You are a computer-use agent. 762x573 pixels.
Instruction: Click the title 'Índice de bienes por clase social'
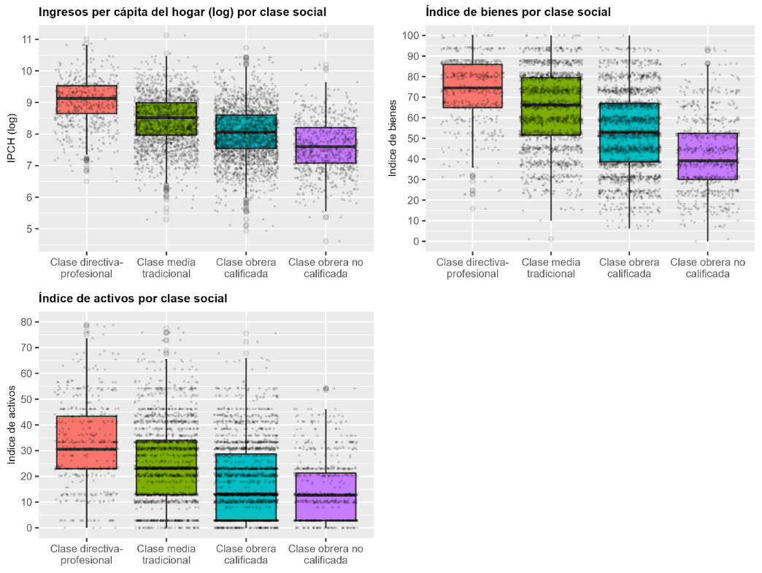518,12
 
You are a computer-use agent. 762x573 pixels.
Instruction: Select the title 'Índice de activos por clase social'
132,299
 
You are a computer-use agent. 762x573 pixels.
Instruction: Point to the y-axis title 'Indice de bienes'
393,138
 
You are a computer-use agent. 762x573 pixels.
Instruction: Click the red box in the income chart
86,99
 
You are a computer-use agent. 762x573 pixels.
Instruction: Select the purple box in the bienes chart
707,156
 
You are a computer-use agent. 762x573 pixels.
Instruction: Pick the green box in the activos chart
166,467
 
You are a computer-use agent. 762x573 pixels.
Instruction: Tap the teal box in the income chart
246,132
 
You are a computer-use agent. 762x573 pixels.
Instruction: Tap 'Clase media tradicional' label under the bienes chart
549,268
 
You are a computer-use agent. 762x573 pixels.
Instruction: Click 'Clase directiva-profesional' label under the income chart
86,268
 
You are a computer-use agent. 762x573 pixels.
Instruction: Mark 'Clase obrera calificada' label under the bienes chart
628,268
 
